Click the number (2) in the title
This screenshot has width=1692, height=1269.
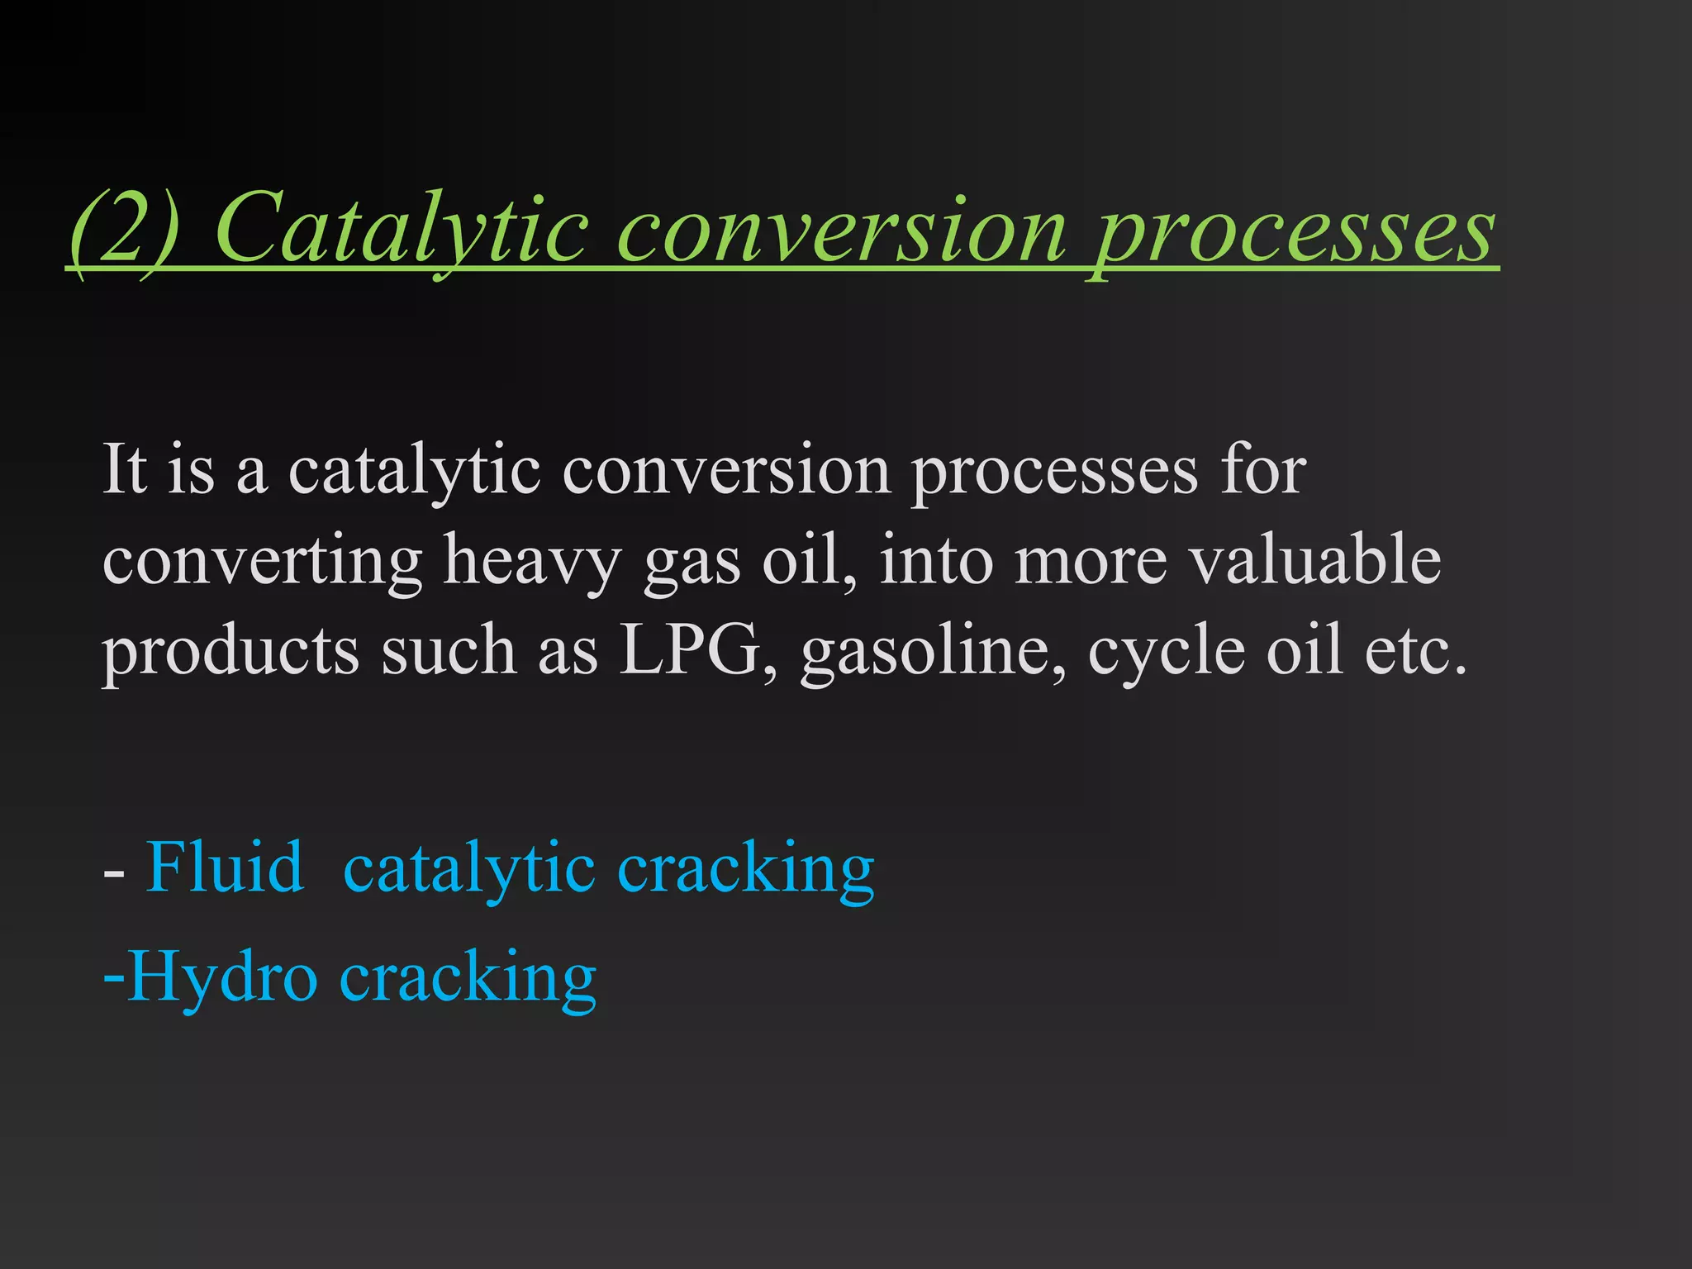pyautogui.click(x=124, y=228)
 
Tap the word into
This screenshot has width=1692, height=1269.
pyautogui.click(x=936, y=559)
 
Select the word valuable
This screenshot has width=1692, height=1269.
pyautogui.click(x=1314, y=559)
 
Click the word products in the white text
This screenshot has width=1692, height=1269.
pyautogui.click(x=231, y=653)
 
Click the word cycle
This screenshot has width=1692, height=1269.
pyautogui.click(x=1166, y=653)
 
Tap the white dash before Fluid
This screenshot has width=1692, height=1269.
pyautogui.click(x=114, y=872)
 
